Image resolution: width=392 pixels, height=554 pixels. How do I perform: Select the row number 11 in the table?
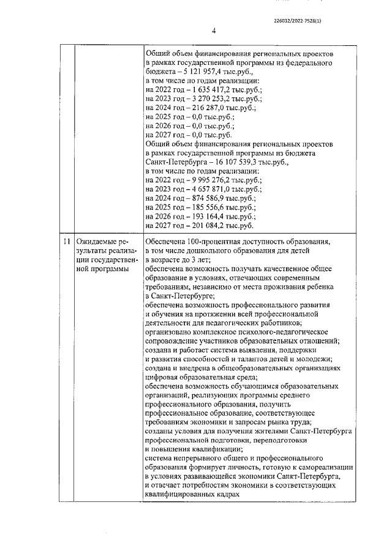69,259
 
